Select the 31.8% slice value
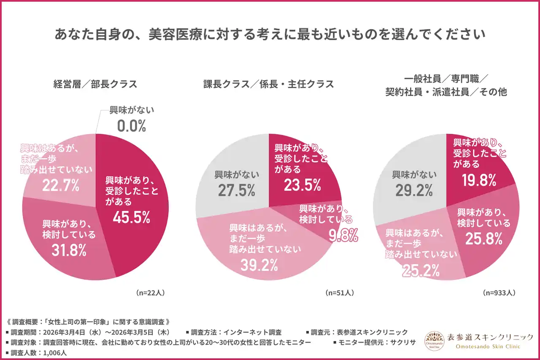tap(69, 250)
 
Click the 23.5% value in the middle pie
tap(302, 185)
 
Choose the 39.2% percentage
tap(259, 265)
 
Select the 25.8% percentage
tap(484, 239)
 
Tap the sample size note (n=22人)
tap(150, 292)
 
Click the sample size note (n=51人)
tap(339, 292)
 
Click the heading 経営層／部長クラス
tap(95, 84)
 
